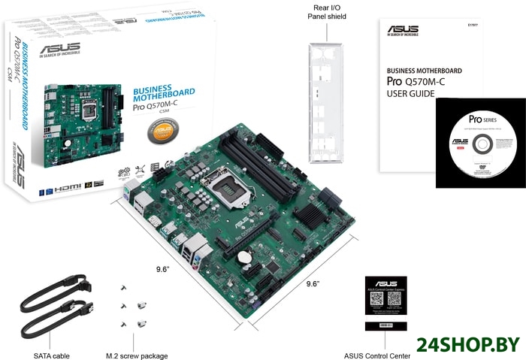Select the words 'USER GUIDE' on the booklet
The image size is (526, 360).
tap(410, 94)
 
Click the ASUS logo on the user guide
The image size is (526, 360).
tap(403, 31)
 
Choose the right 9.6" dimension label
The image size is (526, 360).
tap(313, 283)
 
